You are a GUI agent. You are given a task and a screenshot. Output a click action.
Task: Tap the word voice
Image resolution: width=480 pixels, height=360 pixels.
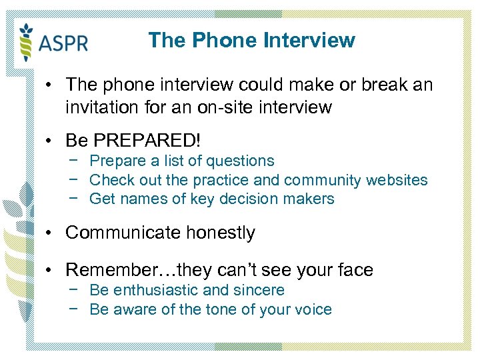coord(313,309)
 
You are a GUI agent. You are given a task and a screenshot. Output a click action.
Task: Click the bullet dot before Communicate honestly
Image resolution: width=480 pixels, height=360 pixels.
coord(50,233)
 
